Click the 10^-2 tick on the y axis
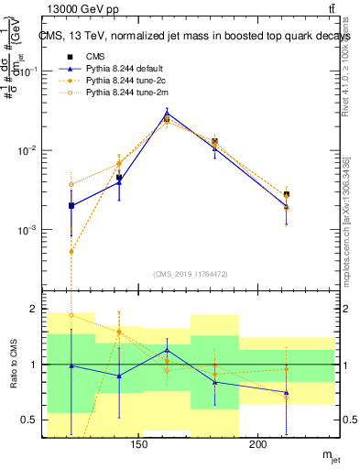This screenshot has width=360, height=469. (32, 150)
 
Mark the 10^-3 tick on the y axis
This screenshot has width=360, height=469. (32, 230)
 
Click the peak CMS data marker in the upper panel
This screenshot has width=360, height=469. (166, 118)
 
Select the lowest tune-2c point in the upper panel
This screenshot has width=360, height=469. (71, 251)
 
